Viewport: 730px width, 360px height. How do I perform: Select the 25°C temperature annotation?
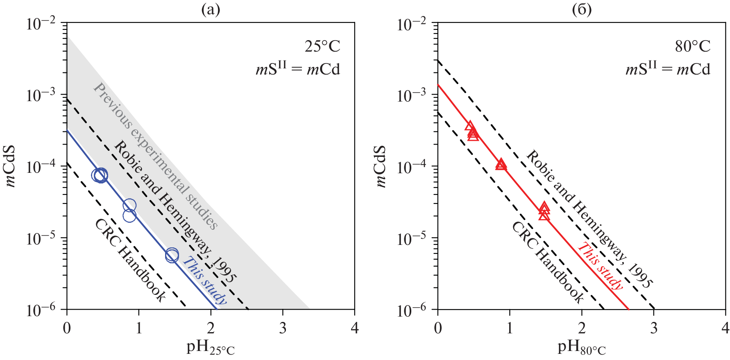tap(322, 47)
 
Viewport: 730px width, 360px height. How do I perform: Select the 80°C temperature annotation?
tap(693, 47)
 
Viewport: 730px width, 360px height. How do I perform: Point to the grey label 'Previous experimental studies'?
tap(156, 156)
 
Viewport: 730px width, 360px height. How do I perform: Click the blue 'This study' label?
tap(204, 281)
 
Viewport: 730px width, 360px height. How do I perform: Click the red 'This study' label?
tap(600, 266)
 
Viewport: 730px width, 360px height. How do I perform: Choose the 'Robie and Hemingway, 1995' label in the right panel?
tap(589, 219)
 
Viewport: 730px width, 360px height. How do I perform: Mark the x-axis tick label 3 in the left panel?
tap(283, 328)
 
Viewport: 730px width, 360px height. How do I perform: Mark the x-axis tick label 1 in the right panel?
tap(510, 328)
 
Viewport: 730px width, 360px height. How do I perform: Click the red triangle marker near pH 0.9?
tap(501, 165)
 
